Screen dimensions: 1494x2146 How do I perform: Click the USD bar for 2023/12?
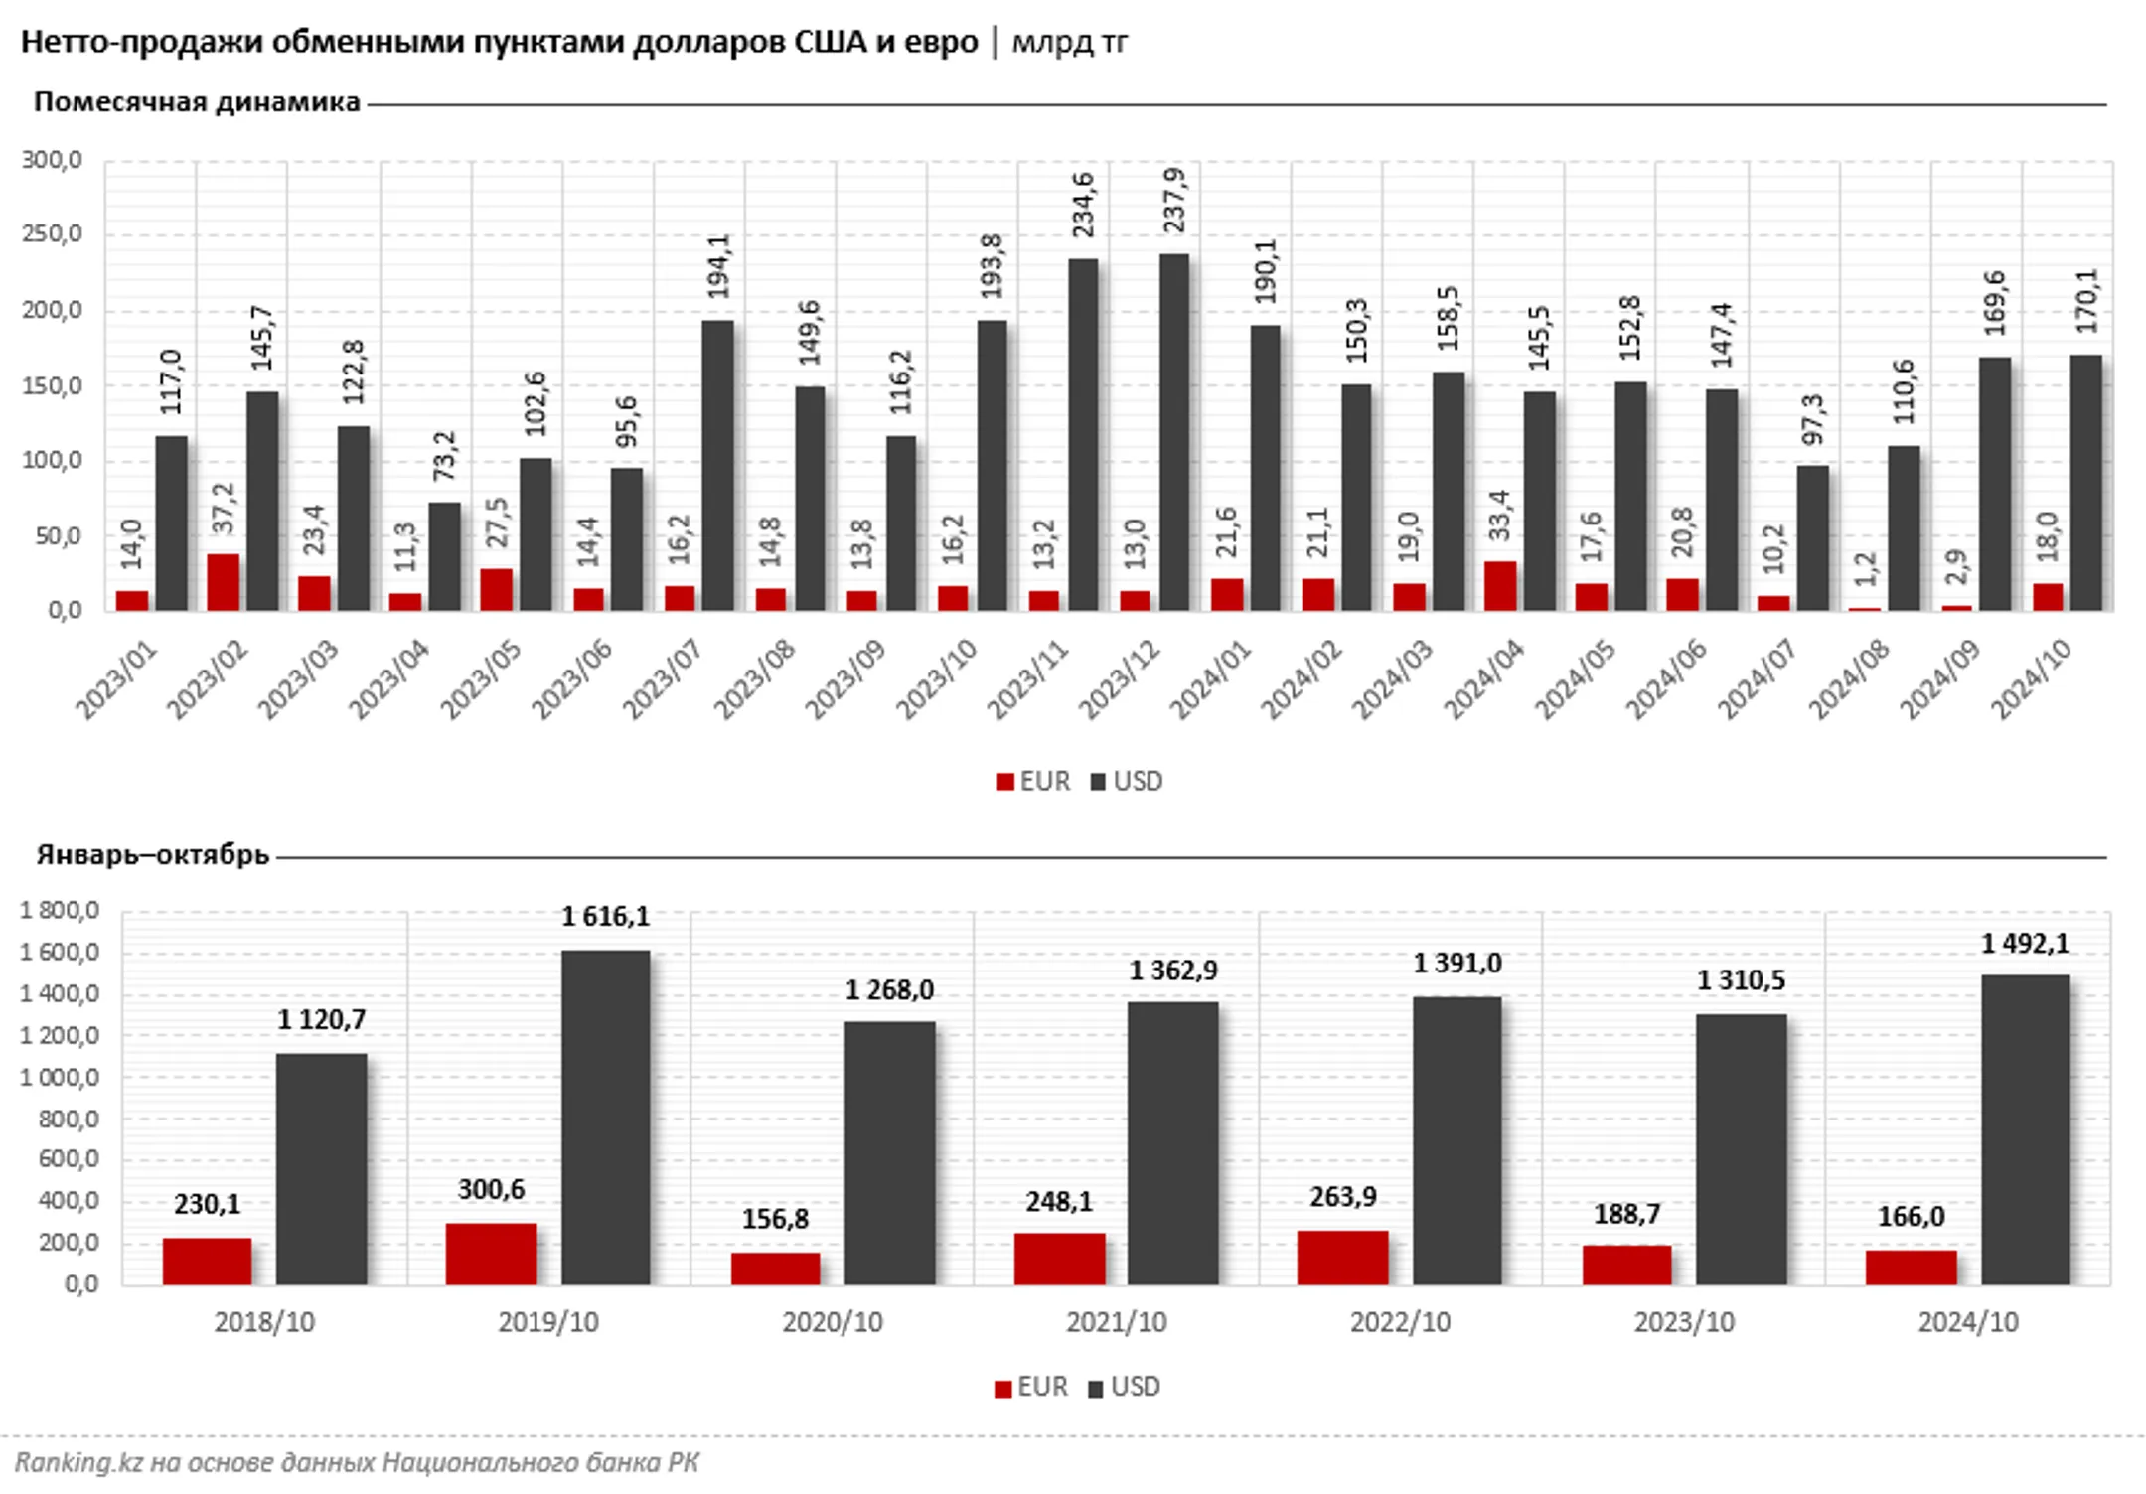(1174, 432)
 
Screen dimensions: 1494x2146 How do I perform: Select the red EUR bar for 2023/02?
(224, 582)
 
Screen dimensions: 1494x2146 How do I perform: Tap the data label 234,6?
(1084, 205)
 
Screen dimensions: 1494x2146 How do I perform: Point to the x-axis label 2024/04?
(1484, 678)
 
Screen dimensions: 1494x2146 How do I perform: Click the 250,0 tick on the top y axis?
(52, 235)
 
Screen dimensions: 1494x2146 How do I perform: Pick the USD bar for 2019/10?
(605, 1118)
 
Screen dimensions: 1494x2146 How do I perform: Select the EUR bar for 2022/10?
(1342, 1258)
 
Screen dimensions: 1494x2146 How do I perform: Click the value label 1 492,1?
(2025, 944)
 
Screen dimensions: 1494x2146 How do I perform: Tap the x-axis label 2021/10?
(1116, 1323)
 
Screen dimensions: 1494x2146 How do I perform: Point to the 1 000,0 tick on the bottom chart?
(60, 1078)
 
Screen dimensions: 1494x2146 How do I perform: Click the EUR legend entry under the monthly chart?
(1033, 782)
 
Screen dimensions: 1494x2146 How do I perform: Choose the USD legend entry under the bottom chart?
(1125, 1387)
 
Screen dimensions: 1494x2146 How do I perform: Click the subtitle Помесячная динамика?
(197, 102)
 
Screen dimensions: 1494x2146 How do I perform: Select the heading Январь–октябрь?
(153, 855)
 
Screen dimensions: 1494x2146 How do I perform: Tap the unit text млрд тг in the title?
(1070, 42)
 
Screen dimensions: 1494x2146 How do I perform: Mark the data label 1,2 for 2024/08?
(1866, 569)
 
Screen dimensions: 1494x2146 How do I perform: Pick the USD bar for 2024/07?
(1812, 537)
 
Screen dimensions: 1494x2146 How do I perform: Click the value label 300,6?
(491, 1189)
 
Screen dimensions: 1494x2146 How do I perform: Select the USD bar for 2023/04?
(445, 556)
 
